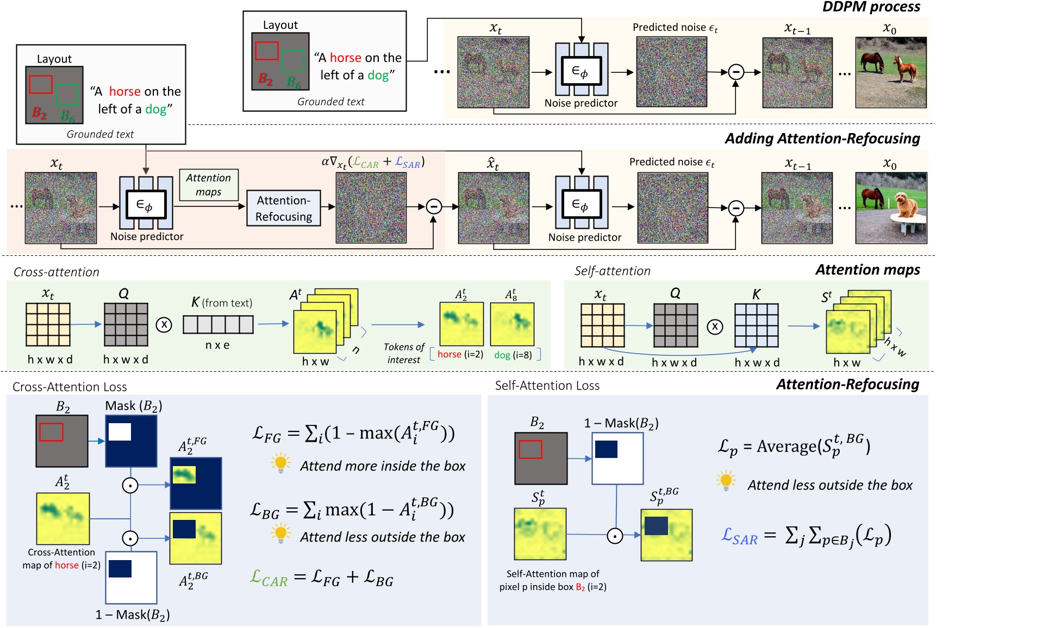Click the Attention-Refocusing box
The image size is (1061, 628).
pos(283,209)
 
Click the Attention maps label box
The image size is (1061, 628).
pos(209,185)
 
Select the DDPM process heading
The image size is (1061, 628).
pos(871,7)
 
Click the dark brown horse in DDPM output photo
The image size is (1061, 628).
pos(872,61)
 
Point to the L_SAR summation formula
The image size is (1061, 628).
pos(806,536)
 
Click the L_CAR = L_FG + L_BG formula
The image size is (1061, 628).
pos(322,578)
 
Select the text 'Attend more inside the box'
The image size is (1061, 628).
pos(383,466)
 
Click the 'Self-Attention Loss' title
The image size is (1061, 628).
pos(547,386)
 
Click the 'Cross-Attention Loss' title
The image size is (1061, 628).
pos(70,387)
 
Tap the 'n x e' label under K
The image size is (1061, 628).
pos(217,346)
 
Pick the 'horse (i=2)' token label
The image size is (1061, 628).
pos(460,354)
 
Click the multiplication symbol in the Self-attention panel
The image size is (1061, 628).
pos(715,326)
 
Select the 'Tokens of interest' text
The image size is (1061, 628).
pos(403,353)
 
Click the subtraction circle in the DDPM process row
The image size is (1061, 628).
pos(736,72)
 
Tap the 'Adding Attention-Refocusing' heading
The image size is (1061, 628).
pos(822,139)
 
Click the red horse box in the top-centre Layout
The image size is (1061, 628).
pos(267,51)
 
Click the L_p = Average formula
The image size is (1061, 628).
pos(794,447)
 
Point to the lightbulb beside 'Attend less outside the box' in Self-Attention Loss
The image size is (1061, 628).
pos(726,481)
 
